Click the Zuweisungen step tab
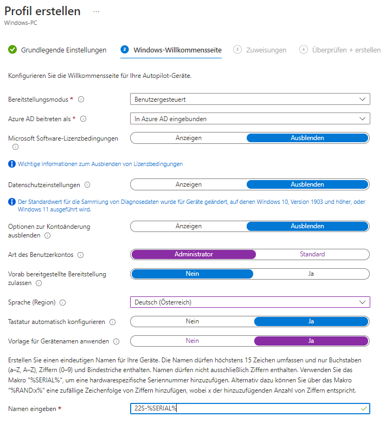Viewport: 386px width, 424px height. point(266,50)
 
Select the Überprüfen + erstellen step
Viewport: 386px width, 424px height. point(346,50)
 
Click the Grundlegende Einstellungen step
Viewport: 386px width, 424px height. point(63,50)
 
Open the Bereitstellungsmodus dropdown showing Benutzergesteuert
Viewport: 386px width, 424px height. point(250,100)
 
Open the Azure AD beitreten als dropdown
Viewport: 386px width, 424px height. point(250,118)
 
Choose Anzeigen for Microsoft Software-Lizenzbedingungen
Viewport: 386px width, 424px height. point(189,138)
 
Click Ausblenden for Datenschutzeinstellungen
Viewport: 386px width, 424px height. point(307,184)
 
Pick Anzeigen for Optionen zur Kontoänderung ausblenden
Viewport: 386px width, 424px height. point(189,226)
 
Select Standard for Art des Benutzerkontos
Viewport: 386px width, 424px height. point(312,254)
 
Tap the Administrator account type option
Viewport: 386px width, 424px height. point(194,254)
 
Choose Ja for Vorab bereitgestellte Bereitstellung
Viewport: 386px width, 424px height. point(311,274)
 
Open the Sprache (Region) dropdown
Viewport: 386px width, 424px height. point(250,302)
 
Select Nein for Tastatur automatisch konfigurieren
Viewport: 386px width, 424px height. point(192,321)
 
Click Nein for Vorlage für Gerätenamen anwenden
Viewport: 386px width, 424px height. point(192,341)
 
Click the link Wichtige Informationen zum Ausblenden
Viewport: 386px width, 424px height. point(100,164)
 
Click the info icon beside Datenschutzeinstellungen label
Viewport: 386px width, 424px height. point(87,185)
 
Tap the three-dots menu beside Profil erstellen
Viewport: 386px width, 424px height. point(97,11)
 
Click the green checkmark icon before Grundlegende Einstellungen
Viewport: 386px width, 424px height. point(12,50)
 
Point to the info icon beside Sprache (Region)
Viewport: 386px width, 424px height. point(63,302)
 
